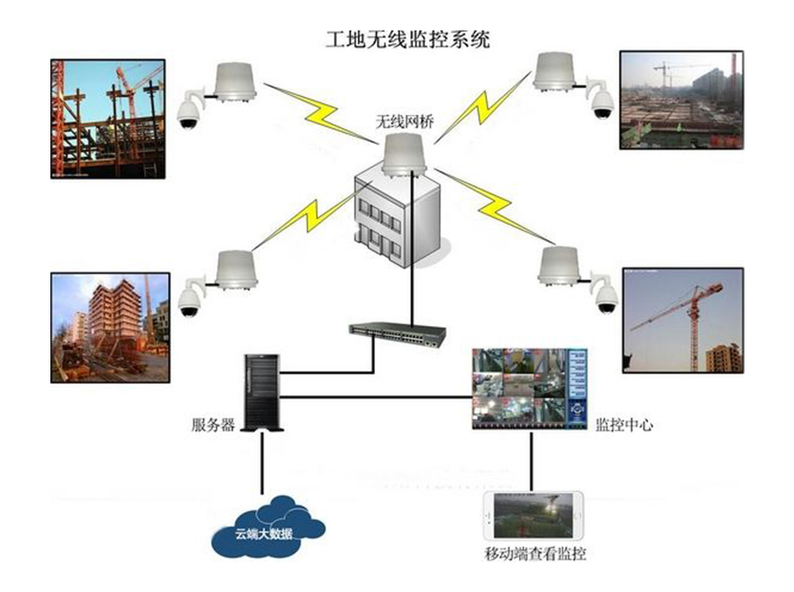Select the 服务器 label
click(213, 425)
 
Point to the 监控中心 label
click(624, 425)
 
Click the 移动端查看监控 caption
click(536, 553)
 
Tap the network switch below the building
click(397, 331)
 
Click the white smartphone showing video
click(535, 516)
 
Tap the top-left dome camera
click(187, 112)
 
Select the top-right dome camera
click(601, 103)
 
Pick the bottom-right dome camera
click(606, 298)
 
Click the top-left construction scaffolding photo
click(107, 118)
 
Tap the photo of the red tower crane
click(683, 320)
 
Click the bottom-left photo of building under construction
click(108, 328)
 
